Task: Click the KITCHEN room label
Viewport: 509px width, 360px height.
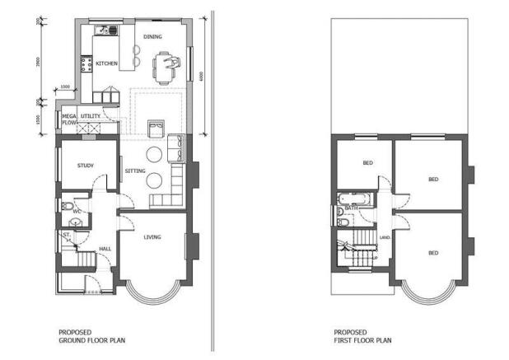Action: coord(107,63)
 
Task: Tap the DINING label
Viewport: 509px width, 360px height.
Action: coord(152,37)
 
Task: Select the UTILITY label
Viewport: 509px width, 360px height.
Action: coord(91,117)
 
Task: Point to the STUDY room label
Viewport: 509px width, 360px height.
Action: coord(86,166)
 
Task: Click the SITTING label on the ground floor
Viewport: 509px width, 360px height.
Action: coord(135,171)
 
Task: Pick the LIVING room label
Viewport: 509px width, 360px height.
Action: coord(152,238)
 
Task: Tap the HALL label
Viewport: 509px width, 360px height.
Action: coord(105,248)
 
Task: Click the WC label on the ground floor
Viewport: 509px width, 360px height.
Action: coord(77,212)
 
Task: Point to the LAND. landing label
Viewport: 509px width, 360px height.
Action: coord(384,237)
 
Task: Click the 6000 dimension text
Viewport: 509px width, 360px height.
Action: coord(198,76)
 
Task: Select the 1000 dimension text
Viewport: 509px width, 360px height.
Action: coord(66,86)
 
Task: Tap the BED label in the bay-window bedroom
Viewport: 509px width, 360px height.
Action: coord(432,253)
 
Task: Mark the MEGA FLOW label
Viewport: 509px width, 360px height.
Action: coord(69,120)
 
